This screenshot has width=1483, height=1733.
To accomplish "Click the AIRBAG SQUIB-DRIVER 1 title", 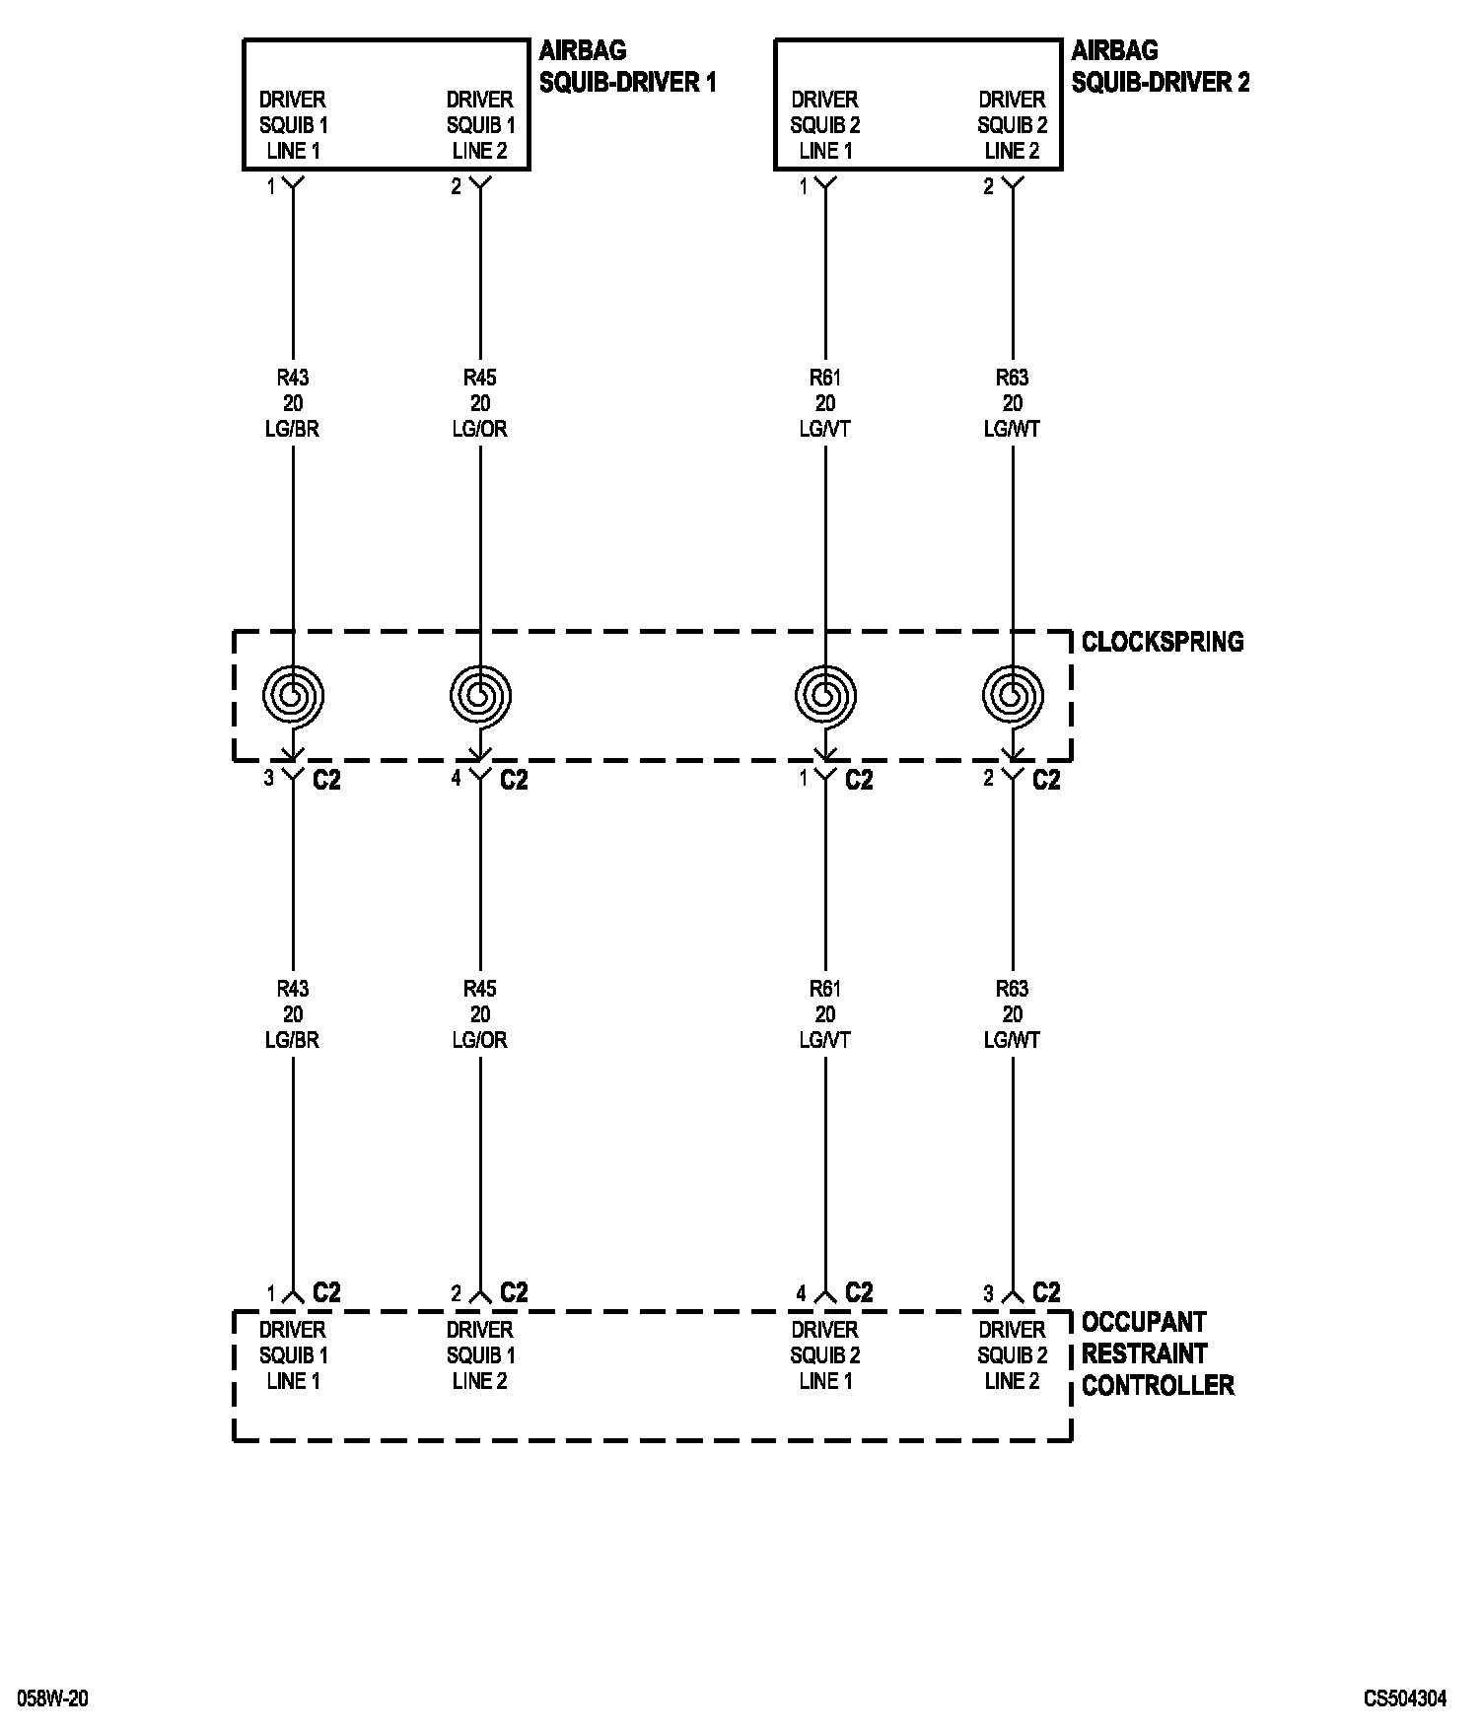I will (627, 66).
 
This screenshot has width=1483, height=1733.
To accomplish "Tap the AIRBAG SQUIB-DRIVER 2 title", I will (1160, 66).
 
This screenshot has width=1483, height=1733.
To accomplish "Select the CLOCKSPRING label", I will (1163, 642).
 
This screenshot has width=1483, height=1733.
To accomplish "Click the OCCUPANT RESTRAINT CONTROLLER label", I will (1157, 1353).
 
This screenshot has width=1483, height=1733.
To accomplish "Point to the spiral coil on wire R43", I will (293, 696).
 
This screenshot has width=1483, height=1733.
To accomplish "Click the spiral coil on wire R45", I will (480, 696).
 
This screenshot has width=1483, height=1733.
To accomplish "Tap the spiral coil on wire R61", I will (825, 696).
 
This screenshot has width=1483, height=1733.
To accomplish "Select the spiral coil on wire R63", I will (1013, 696).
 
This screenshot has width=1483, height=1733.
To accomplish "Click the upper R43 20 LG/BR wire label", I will (293, 403).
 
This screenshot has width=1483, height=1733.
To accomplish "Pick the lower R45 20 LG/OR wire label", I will (480, 1014).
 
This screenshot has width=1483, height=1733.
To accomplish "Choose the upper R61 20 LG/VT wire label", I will (825, 403).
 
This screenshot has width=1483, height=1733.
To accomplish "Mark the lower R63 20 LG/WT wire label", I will (1013, 1014).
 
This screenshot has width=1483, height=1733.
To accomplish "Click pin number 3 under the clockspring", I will (268, 779).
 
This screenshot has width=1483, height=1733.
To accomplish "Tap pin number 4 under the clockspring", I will (456, 779).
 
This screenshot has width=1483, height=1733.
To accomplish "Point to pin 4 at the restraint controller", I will (802, 1293).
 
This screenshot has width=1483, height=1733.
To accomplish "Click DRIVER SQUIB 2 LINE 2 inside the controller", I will (1013, 1355).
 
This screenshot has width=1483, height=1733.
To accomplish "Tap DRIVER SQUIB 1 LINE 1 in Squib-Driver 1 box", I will (293, 125).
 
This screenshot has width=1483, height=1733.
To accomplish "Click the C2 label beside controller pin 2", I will (514, 1292).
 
